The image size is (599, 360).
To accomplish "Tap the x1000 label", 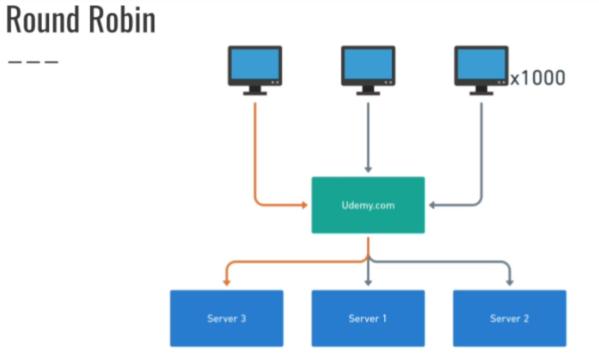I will [538, 78].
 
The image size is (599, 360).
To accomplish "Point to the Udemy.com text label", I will [368, 205].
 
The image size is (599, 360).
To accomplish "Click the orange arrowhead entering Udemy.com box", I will [305, 205].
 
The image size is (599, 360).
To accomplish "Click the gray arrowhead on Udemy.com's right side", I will [432, 205].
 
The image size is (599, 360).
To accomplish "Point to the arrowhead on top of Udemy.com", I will [368, 169].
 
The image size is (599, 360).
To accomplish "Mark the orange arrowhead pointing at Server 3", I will [226, 282].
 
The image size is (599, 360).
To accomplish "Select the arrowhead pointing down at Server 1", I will [368, 282].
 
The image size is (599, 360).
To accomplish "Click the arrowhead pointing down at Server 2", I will [510, 282].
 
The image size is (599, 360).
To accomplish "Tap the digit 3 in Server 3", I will [243, 319].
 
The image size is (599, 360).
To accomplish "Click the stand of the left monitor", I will [255, 91].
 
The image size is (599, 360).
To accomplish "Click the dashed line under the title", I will [33, 62].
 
